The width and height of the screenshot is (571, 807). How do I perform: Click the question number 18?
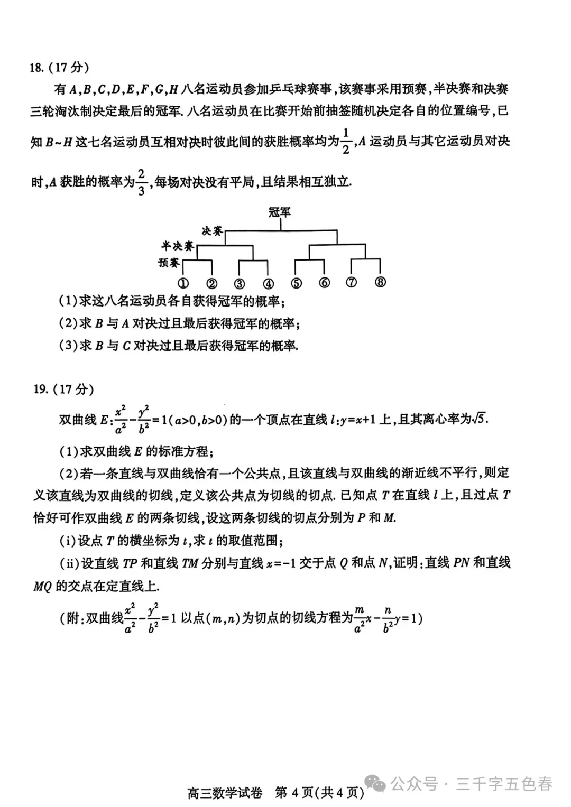[x=36, y=68]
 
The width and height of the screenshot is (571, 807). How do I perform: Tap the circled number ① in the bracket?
[x=183, y=284]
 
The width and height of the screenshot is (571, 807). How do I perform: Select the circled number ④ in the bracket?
[x=268, y=284]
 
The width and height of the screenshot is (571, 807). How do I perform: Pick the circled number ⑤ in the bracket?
[x=296, y=283]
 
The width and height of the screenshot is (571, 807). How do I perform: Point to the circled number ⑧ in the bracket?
[x=380, y=282]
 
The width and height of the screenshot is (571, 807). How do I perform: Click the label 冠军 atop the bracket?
[x=280, y=212]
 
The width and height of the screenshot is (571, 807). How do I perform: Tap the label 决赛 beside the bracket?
[x=212, y=231]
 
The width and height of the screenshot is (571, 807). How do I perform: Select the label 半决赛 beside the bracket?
[x=178, y=246]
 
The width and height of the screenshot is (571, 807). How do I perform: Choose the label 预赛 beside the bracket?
[x=169, y=263]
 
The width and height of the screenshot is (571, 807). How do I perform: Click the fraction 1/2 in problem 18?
[x=346, y=141]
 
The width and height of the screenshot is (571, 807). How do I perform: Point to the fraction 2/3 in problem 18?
[x=141, y=182]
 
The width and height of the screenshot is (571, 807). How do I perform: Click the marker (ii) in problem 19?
[x=70, y=563]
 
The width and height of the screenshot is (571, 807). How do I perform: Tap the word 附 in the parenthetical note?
[x=73, y=617]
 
